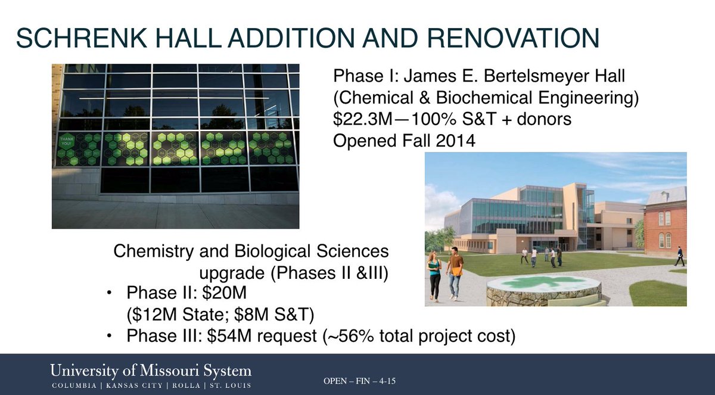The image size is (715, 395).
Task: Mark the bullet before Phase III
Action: pyautogui.click(x=109, y=337)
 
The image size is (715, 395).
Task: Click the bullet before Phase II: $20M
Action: pyautogui.click(x=109, y=294)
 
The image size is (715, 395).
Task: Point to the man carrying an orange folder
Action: pyautogui.click(x=454, y=271)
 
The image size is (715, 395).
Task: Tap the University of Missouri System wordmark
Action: pyautogui.click(x=151, y=371)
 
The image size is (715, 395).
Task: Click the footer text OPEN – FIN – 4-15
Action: pyautogui.click(x=359, y=381)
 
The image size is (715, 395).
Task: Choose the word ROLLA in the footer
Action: pyautogui.click(x=186, y=385)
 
